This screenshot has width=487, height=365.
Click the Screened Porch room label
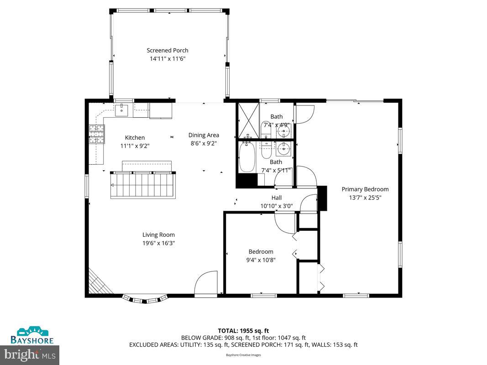point(167,51)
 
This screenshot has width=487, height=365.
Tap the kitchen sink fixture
point(121,109)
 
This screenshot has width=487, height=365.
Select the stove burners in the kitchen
point(96,135)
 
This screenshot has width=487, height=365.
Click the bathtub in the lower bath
point(247,157)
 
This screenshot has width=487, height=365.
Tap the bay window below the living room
point(145,299)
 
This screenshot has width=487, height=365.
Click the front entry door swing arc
point(206,284)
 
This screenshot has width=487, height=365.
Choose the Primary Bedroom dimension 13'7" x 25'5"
point(365,198)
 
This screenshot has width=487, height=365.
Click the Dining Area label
point(204,135)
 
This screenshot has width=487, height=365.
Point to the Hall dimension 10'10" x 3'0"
point(277,206)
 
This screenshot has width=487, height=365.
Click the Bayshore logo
point(32,336)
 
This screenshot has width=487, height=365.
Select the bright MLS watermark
point(30,354)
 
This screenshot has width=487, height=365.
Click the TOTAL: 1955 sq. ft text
point(243,330)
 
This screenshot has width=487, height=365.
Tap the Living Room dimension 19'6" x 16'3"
point(158,243)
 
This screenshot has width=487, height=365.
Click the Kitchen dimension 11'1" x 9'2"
point(135,146)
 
